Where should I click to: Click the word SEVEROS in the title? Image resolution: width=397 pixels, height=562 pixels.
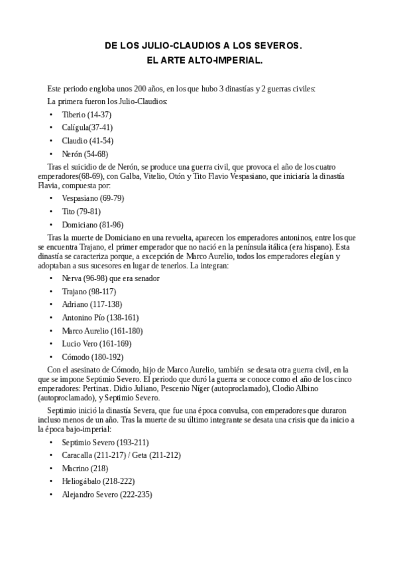point(277,47)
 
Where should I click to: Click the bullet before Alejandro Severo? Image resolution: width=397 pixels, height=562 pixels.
point(51,494)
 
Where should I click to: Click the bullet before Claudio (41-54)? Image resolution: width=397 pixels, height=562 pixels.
point(51,140)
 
